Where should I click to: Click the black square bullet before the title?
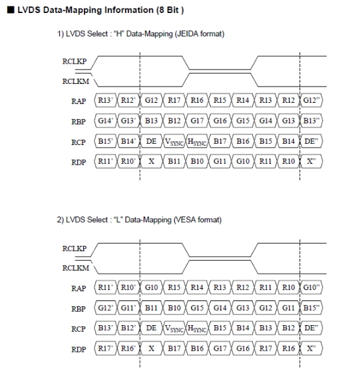(11, 10)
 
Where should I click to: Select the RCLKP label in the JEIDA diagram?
(74, 61)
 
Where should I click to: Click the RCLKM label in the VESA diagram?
(75, 268)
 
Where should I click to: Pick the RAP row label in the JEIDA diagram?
(79, 101)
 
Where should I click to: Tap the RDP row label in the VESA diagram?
(79, 349)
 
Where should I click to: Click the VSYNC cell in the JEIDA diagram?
(174, 141)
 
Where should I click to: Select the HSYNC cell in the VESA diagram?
(197, 328)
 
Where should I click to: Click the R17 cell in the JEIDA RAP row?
(174, 100)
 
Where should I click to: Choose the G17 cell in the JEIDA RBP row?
(197, 121)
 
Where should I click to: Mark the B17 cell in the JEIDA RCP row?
(220, 141)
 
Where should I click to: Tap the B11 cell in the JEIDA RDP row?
(174, 161)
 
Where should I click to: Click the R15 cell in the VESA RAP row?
(174, 287)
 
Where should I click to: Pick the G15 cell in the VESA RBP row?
(197, 308)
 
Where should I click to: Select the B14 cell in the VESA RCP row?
(242, 328)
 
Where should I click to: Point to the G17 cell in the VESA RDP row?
(220, 349)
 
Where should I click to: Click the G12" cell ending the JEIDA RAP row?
(311, 100)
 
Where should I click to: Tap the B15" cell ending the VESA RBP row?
(311, 308)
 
